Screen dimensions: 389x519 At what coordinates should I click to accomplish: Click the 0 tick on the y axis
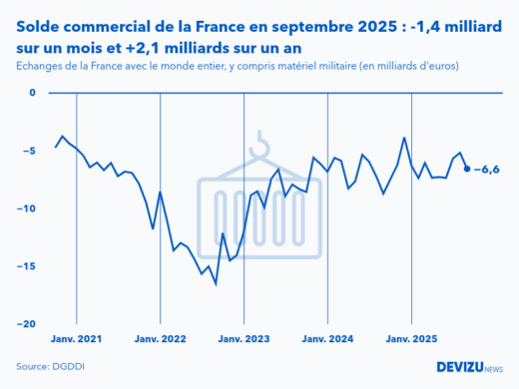[31, 93]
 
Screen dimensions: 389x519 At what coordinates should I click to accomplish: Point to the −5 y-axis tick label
[28, 151]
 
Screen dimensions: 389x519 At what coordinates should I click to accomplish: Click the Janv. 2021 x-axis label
[76, 338]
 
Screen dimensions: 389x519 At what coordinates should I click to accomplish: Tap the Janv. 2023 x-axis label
[244, 338]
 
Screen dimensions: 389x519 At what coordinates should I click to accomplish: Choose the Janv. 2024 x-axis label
[327, 338]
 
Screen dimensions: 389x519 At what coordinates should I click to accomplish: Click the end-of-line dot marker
[467, 169]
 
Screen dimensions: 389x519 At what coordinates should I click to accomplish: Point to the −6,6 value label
[486, 169]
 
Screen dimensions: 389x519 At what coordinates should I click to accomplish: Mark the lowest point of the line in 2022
[216, 283]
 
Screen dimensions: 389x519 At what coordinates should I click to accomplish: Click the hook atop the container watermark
[261, 144]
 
